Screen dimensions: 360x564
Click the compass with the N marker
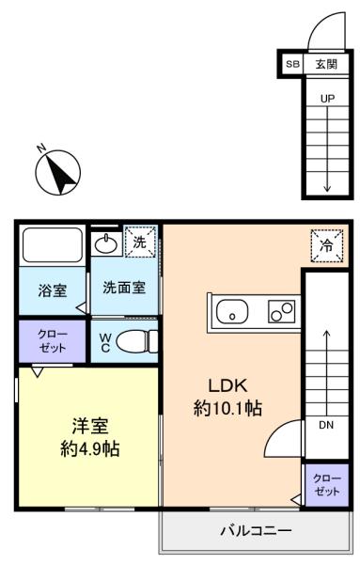click(x=57, y=172)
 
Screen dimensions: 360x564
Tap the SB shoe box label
click(x=292, y=64)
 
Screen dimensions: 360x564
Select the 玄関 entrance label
click(x=326, y=64)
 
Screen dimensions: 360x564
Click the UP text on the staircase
click(x=327, y=99)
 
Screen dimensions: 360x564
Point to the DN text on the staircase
click(x=326, y=425)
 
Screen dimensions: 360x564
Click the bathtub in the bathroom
click(x=52, y=245)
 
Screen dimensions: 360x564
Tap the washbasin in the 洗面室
click(x=105, y=244)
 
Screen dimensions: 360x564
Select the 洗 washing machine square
click(x=140, y=242)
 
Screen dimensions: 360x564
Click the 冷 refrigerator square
click(x=327, y=246)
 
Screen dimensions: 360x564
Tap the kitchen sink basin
click(x=232, y=311)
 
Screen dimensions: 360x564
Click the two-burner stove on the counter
click(x=281, y=311)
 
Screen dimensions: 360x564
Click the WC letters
click(x=105, y=343)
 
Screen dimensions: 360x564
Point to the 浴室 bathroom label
click(x=53, y=290)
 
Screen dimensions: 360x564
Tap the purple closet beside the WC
click(x=52, y=341)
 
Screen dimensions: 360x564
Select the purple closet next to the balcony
click(x=327, y=485)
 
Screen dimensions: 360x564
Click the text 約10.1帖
click(x=227, y=408)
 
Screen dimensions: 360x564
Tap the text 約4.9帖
click(x=90, y=448)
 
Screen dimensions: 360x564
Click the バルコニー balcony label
click(x=256, y=530)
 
